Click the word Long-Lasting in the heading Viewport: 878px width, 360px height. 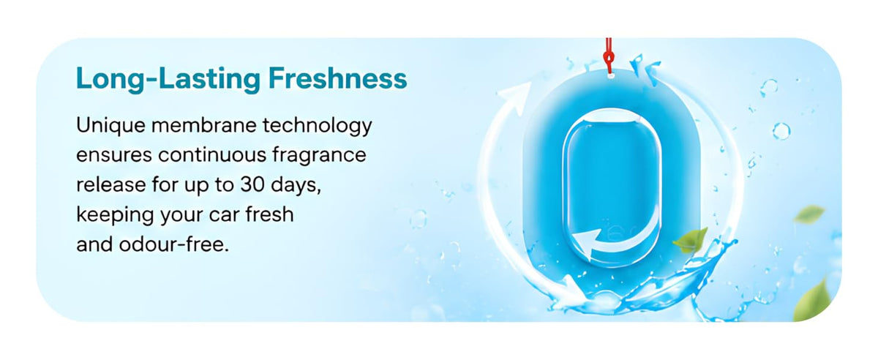coord(168,79)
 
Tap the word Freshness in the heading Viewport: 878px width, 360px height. coord(338,78)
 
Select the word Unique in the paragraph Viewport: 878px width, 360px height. coord(110,127)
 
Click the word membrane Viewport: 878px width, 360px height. coord(204,126)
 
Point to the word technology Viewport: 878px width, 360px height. coord(317,127)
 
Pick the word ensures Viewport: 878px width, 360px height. coord(113,155)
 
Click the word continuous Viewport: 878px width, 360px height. coord(212,155)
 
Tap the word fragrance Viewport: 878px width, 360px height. coord(320,156)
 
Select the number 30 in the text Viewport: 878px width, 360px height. coord(252,184)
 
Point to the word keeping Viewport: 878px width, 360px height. coord(115,215)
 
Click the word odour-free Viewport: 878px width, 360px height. coord(173,244)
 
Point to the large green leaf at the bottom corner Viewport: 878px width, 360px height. coord(812,302)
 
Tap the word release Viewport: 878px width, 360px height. coord(111,184)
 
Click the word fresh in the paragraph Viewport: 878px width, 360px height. coord(269,214)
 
